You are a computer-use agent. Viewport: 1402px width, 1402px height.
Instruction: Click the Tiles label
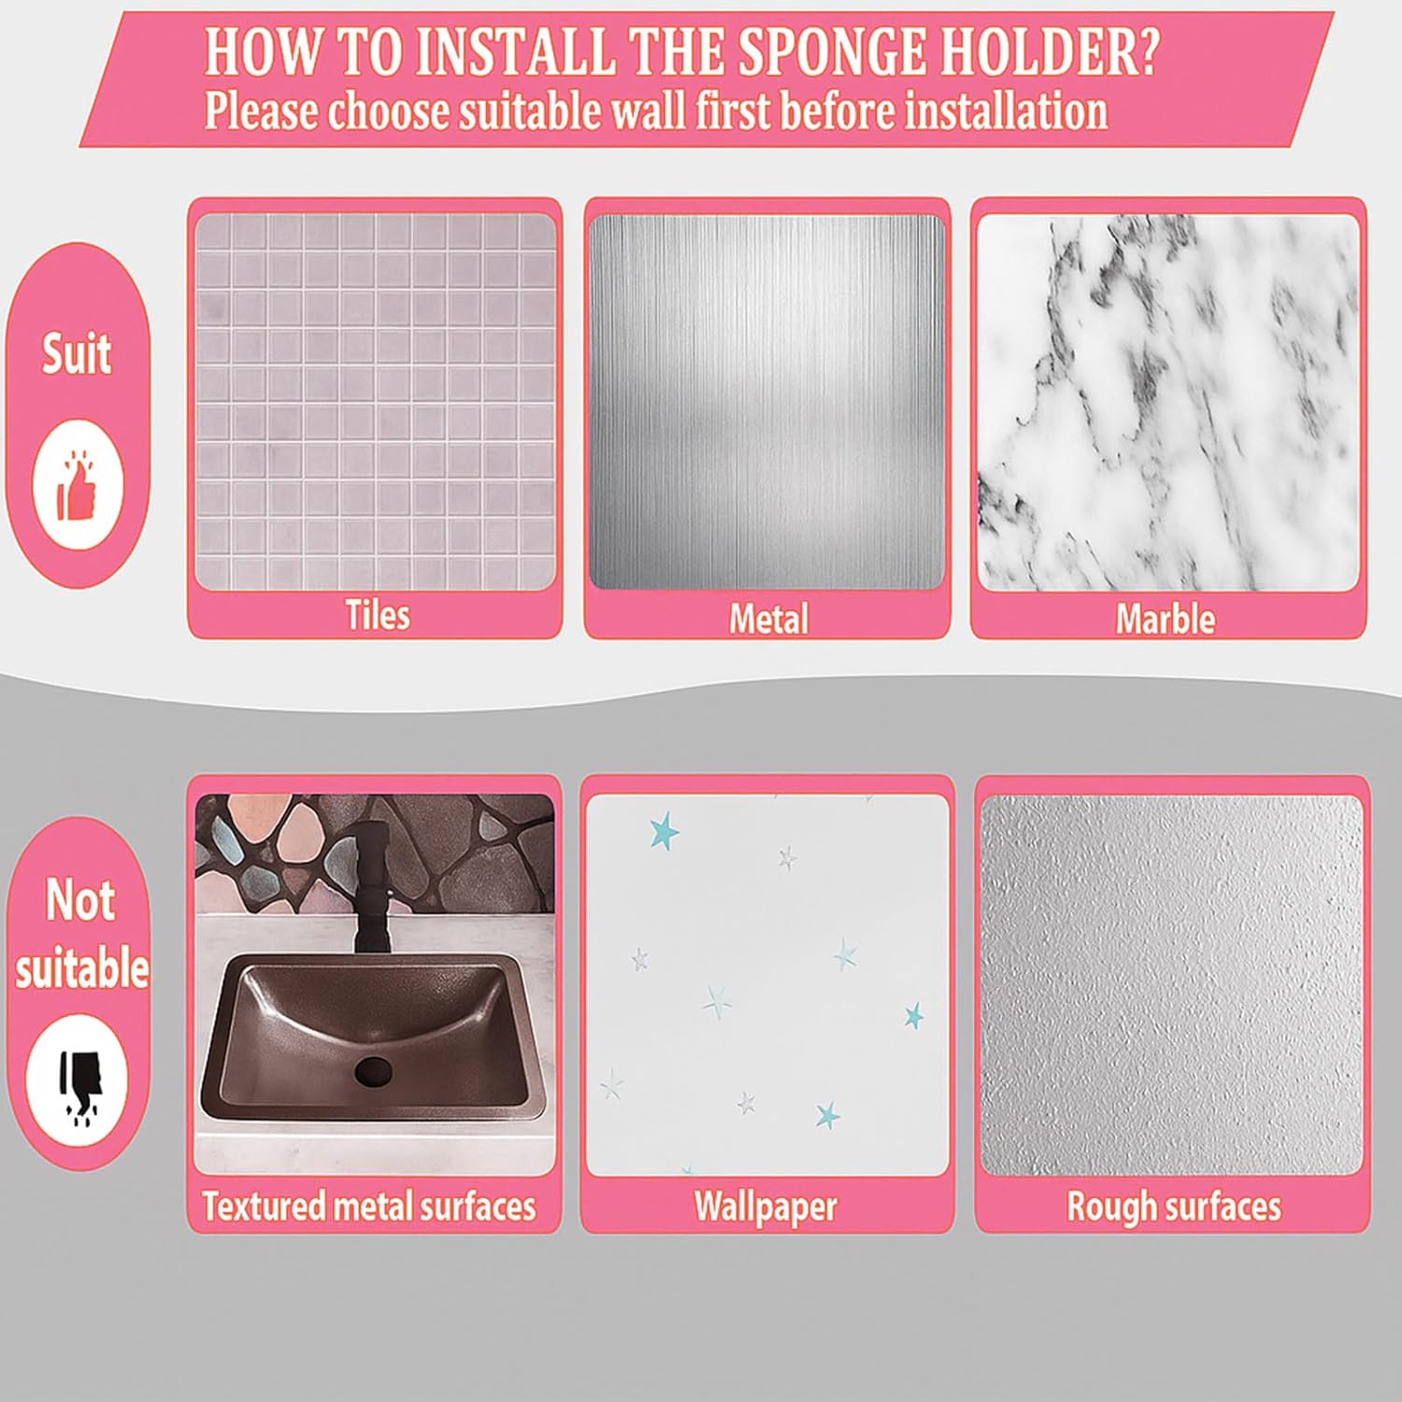pos(378,615)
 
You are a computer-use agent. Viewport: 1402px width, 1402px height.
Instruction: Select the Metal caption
pos(768,619)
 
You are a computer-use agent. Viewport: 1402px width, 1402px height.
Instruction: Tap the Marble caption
pos(1166,619)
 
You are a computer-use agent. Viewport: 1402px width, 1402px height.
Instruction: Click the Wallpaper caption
pos(765,1206)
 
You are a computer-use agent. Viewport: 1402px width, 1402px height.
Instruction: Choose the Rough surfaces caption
pos(1174,1206)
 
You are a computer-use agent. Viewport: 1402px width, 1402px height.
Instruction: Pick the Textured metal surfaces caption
pos(369,1206)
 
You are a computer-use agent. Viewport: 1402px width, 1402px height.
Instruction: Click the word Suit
pos(77,354)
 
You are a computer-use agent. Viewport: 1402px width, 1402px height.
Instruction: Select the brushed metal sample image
pos(766,402)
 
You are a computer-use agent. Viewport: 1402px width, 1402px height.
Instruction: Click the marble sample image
pos(1168,403)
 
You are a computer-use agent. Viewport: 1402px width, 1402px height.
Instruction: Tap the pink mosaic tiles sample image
pos(375,402)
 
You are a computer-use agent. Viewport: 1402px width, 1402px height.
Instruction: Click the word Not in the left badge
pos(80,900)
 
